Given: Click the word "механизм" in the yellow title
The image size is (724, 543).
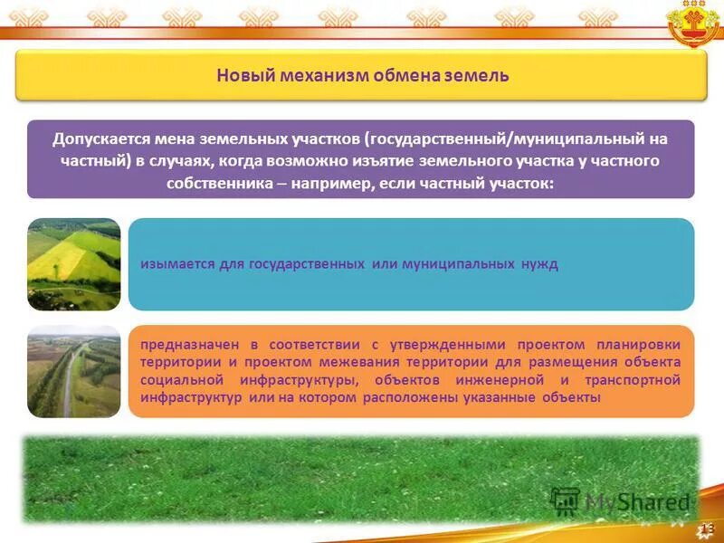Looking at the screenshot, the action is click(x=324, y=75).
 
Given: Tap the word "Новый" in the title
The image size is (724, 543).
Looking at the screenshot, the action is click(x=245, y=75).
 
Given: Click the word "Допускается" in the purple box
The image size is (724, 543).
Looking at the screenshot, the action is click(x=100, y=139).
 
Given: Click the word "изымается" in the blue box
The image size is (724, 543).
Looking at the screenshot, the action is click(x=177, y=264).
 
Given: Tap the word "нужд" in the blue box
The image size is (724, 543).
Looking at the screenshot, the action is click(x=539, y=264).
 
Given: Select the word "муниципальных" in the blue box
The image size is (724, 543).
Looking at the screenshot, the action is click(x=458, y=264).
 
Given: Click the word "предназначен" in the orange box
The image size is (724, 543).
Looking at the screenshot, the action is click(x=190, y=345).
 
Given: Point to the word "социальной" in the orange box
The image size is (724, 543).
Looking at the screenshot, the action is click(x=182, y=380).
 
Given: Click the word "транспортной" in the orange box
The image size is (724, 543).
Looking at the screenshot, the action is click(x=633, y=380).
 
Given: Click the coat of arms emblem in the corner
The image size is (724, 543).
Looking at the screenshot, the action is click(x=694, y=24).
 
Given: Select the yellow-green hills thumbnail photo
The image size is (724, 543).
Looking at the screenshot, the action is click(x=74, y=264).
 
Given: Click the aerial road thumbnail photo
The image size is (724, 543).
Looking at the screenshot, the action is click(x=74, y=371).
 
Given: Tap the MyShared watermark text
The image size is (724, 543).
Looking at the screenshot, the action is click(x=638, y=502).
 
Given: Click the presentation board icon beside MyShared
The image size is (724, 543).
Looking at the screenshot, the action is click(x=565, y=501).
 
